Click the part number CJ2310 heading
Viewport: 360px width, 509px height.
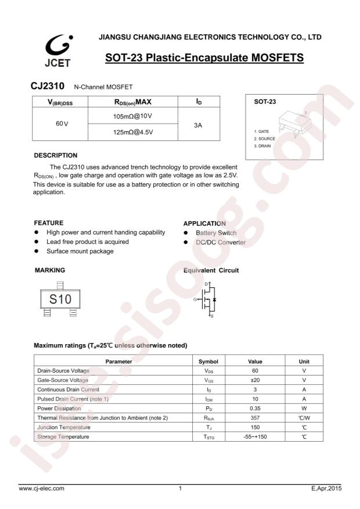pyautogui.click(x=47, y=86)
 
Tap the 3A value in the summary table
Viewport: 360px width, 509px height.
pyautogui.click(x=197, y=124)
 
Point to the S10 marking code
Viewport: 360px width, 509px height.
pyautogui.click(x=60, y=299)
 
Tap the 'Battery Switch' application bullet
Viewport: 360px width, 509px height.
pyautogui.click(x=215, y=233)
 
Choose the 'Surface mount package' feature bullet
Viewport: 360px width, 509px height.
pyautogui.click(x=80, y=251)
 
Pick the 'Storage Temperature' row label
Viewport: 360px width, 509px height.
pyautogui.click(x=63, y=436)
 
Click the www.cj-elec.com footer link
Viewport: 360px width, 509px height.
pyautogui.click(x=42, y=489)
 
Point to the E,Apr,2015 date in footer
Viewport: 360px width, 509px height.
pyautogui.click(x=326, y=489)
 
